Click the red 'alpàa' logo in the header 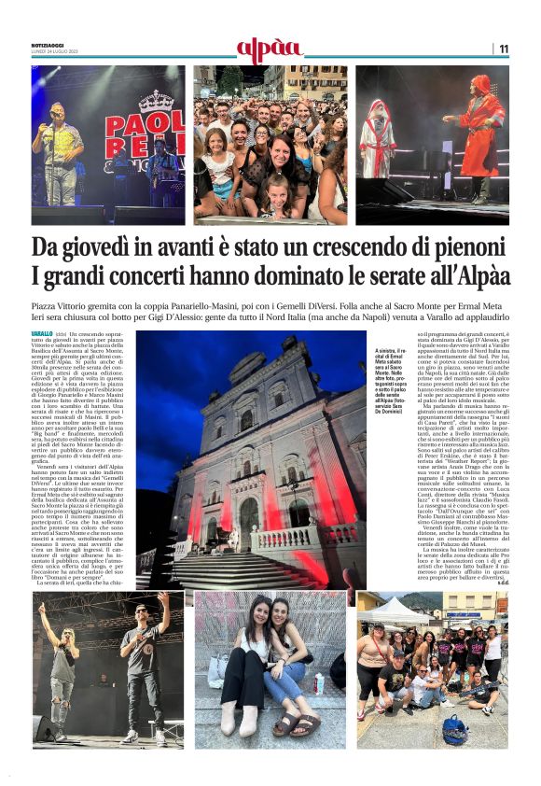270,49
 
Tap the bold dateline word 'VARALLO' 42,333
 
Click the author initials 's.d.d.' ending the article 500,583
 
